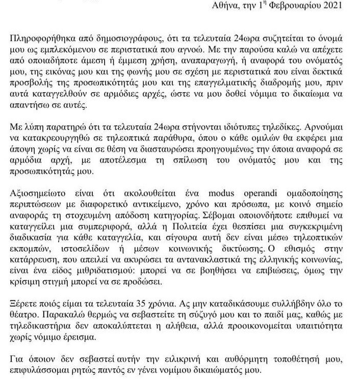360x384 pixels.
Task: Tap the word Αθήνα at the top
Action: click(x=231, y=6)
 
